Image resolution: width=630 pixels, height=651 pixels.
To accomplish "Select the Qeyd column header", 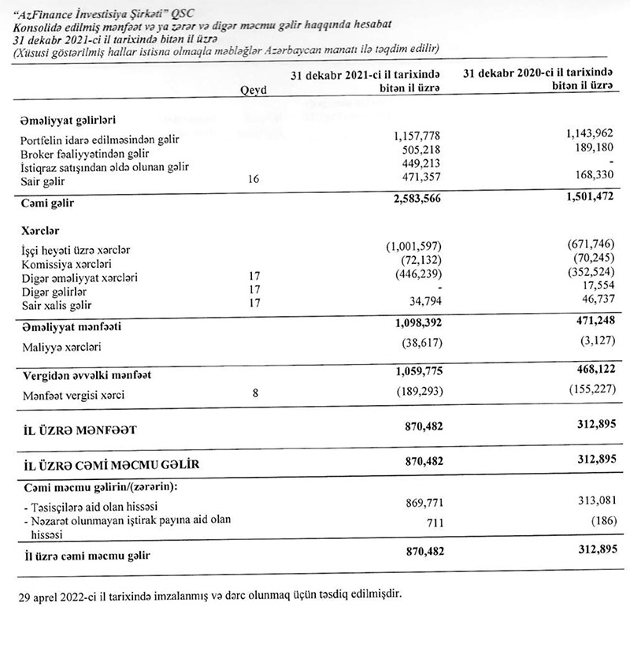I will (252, 90).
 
